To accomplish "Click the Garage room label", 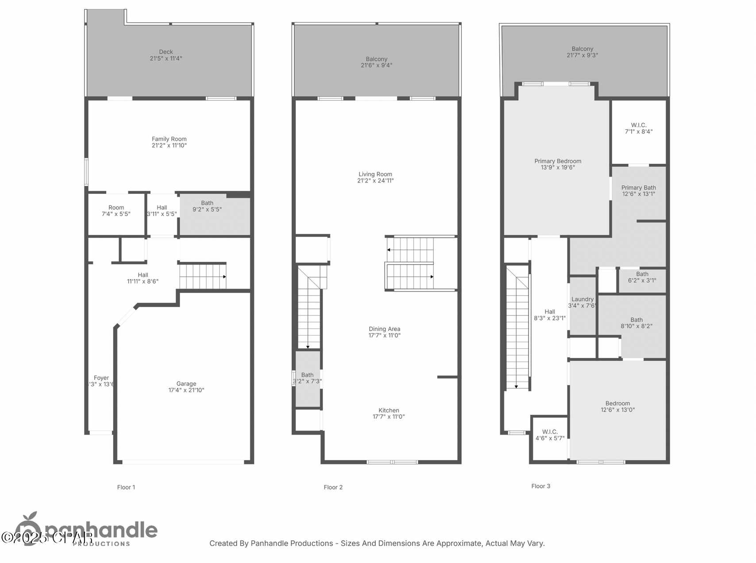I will click(x=186, y=384).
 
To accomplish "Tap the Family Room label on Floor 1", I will click(x=169, y=139).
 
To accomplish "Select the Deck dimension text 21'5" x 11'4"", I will click(x=166, y=58).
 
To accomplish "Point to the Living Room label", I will click(x=375, y=174).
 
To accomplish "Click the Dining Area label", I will click(x=384, y=329).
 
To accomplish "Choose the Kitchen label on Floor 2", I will click(x=389, y=410).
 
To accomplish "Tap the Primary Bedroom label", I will click(x=558, y=161).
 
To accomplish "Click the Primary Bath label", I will click(x=638, y=188).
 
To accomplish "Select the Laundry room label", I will click(x=582, y=299).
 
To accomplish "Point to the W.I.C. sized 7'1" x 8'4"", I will click(x=639, y=128).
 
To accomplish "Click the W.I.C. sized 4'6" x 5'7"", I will click(x=550, y=435).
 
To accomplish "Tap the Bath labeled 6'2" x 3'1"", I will click(x=642, y=277).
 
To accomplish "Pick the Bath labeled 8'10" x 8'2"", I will click(x=636, y=323).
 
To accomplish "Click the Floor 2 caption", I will click(x=333, y=487).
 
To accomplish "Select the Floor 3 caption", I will click(x=540, y=486).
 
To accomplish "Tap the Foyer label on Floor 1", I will click(x=101, y=378).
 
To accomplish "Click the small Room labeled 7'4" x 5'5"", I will click(x=116, y=211).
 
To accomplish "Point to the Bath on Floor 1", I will click(x=207, y=206).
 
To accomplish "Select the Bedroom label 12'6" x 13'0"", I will click(x=617, y=406).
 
